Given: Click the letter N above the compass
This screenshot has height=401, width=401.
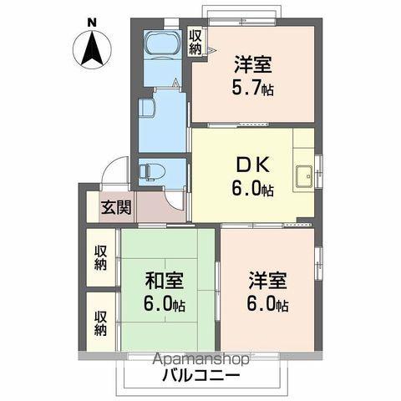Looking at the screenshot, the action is [x=92, y=23].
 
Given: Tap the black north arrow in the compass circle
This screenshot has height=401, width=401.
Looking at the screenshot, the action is [x=92, y=47].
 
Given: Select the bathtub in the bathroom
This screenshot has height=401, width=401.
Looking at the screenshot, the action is [x=162, y=44].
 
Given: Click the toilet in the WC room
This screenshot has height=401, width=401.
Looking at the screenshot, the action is [x=148, y=172].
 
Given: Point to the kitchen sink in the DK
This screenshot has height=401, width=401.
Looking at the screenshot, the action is [x=304, y=177].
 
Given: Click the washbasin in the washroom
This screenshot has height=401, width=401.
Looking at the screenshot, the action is [x=147, y=109].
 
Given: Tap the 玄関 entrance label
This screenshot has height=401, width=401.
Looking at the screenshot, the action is [x=116, y=207].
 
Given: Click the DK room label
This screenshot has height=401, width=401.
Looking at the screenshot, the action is [x=253, y=165].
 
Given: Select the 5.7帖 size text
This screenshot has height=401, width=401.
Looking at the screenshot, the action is [x=253, y=89].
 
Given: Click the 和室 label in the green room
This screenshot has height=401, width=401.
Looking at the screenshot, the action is [x=165, y=281].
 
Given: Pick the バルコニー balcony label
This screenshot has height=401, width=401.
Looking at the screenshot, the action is [x=201, y=376].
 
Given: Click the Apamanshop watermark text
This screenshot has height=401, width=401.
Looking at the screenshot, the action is [x=201, y=359].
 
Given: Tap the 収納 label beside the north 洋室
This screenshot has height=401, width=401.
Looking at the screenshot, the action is [x=195, y=42].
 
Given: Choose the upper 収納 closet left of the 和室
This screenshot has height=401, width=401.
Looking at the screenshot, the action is [x=100, y=258].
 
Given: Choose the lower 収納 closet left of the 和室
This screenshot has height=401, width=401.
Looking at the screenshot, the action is [x=100, y=323].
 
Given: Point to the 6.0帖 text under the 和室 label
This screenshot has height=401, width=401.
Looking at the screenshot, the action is [x=165, y=304].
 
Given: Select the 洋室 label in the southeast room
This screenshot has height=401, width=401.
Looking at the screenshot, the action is [x=268, y=281].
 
